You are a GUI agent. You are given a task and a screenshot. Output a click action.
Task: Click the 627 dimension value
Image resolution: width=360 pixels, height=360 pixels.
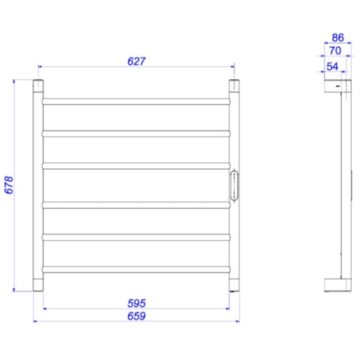[137, 60]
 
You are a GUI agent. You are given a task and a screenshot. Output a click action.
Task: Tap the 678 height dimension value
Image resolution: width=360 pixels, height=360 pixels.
[9, 185]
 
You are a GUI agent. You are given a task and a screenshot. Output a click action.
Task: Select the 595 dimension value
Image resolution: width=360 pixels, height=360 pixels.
[137, 302]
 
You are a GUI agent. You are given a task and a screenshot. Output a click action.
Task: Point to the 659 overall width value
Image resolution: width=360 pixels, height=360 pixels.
[137, 316]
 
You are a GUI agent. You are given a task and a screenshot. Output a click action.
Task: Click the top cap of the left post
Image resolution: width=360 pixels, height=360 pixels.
[38, 87]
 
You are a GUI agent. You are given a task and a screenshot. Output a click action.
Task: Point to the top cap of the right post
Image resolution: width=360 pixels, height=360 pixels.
[234, 87]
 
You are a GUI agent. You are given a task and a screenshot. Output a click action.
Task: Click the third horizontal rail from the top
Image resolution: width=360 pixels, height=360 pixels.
[137, 165]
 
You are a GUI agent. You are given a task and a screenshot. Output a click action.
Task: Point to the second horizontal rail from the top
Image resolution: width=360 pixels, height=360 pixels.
[137, 133]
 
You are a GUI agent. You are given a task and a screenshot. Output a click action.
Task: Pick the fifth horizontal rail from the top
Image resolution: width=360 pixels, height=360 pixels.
[137, 237]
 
